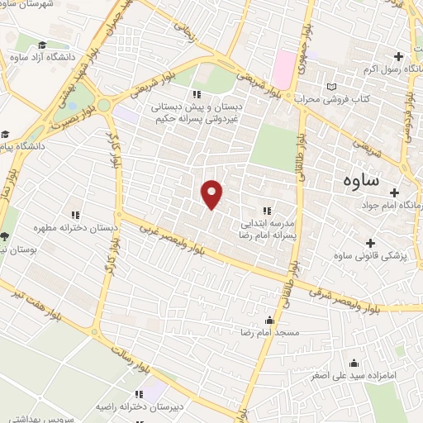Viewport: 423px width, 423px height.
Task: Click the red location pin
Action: pyautogui.click(x=213, y=194)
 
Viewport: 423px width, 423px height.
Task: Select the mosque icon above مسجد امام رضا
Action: pyautogui.click(x=269, y=321)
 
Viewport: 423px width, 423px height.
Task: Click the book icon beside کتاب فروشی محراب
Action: pyautogui.click(x=332, y=87)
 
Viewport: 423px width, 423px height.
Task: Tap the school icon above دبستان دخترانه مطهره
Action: pyautogui.click(x=76, y=215)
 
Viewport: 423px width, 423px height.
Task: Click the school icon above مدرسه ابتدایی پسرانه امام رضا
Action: pyautogui.click(x=266, y=209)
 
